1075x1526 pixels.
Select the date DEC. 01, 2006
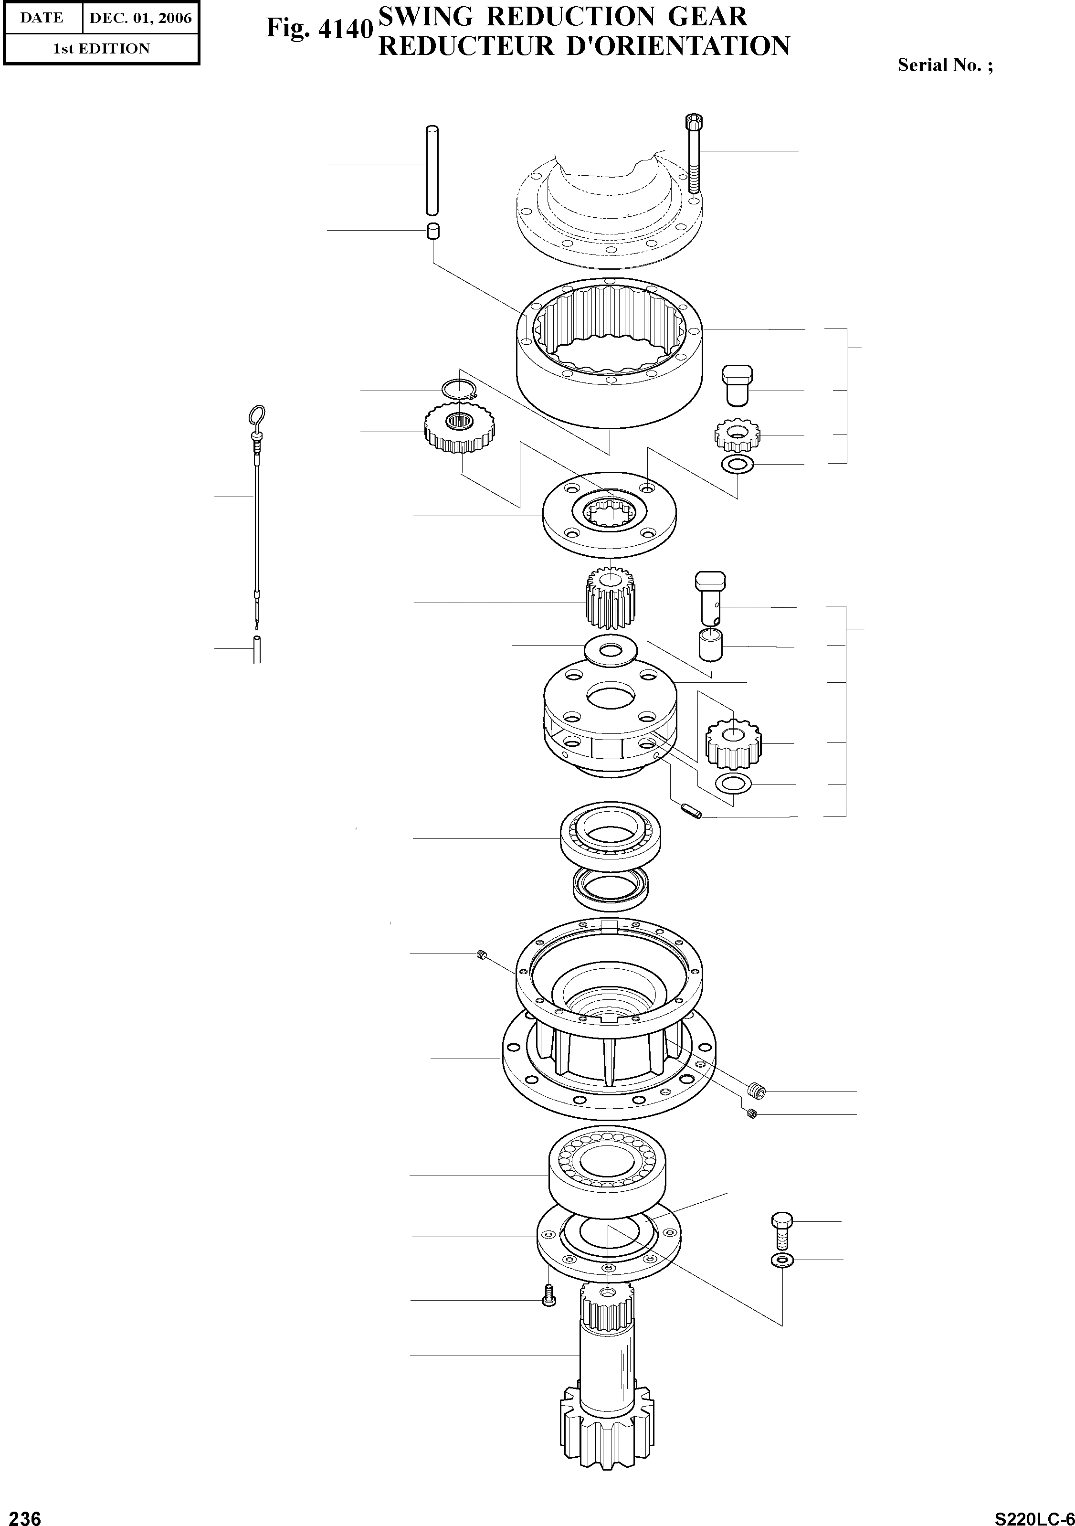click(x=140, y=18)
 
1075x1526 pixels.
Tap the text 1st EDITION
click(x=101, y=49)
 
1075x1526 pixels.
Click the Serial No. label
click(x=945, y=65)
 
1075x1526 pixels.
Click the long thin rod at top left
click(x=432, y=170)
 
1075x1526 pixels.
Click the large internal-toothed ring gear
click(x=610, y=352)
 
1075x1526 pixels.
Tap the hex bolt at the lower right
click(x=782, y=1231)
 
